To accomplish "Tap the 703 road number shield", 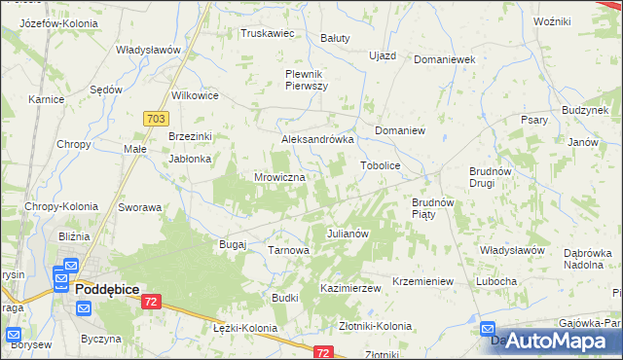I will [154, 118].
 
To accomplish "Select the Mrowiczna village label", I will [279, 178].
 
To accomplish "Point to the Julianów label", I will [348, 234].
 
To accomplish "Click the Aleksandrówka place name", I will [316, 139].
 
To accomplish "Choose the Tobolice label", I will [381, 165].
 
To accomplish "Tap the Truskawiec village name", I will [268, 33].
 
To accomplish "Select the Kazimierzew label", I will [349, 289].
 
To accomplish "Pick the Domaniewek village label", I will [444, 59].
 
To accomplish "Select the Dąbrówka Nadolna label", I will [584, 256].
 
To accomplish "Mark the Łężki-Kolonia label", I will [244, 329].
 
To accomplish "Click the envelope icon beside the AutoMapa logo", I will [488, 331].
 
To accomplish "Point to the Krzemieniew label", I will [422, 281].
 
